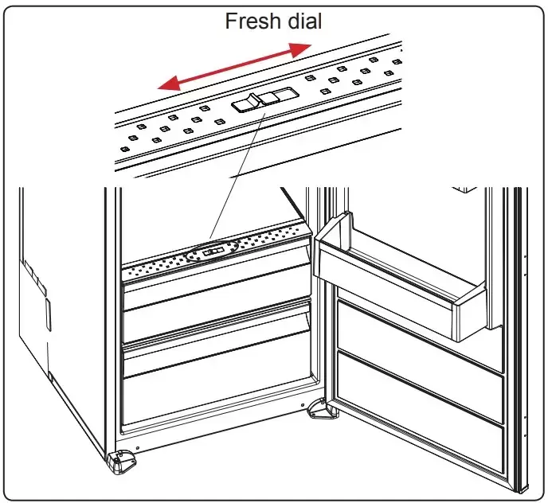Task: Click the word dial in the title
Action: (303, 21)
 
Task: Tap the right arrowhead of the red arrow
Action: (302, 50)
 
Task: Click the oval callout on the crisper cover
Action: (213, 252)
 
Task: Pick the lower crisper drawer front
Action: (215, 390)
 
